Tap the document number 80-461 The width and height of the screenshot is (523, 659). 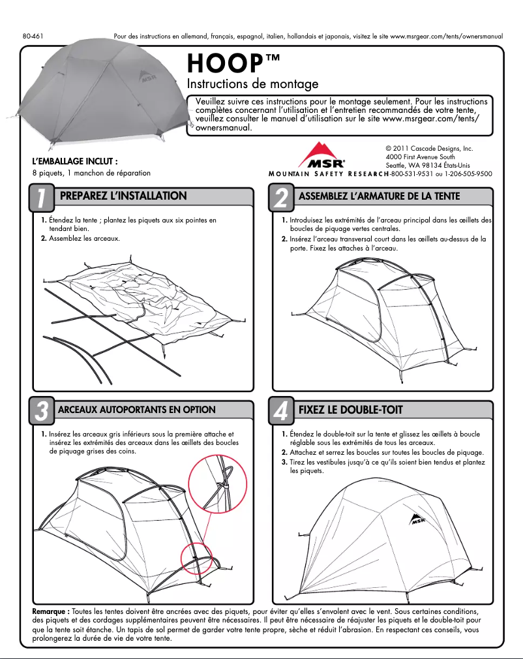33,37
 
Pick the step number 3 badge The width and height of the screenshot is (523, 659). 40,411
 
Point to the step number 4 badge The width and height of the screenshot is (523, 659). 280,411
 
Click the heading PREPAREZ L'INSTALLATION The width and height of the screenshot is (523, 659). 123,196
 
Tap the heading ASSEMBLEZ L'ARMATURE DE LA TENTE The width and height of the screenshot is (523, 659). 379,196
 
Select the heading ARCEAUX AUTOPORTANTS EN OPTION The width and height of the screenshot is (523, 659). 137,410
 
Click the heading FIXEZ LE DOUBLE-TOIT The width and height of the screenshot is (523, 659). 350,410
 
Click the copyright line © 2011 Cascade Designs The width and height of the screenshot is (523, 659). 428,149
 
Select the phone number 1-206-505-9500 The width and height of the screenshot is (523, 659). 469,174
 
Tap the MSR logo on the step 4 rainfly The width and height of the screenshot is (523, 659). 418,520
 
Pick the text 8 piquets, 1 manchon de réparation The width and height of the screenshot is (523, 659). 91,174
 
